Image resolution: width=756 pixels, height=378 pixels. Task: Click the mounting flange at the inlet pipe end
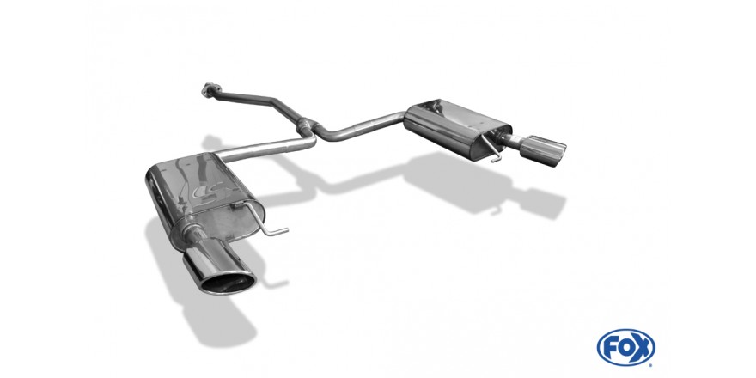pos(210,88)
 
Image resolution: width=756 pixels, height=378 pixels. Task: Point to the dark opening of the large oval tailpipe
pos(228,283)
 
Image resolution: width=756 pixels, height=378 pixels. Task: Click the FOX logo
pos(625,347)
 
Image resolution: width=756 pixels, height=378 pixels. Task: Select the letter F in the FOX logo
pos(609,347)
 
